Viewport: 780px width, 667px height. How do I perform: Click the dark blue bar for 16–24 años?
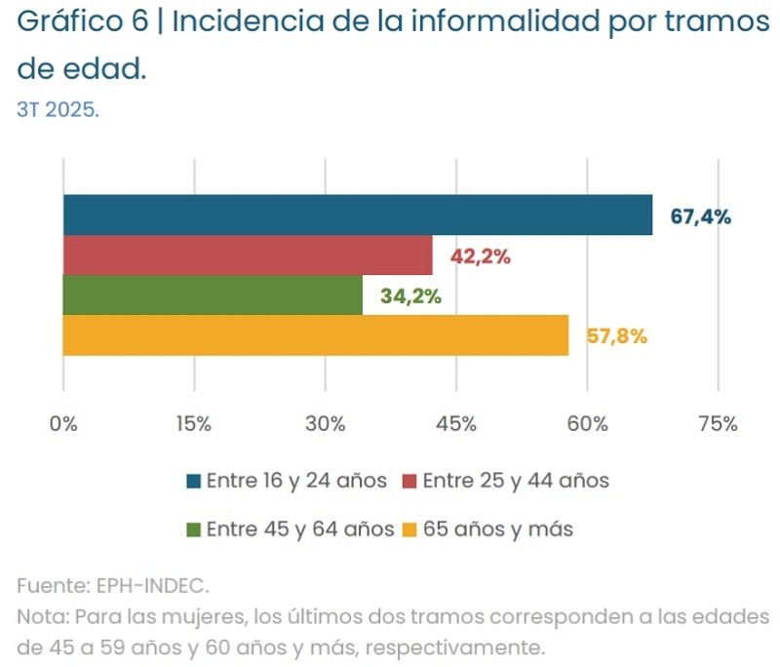pos(358,215)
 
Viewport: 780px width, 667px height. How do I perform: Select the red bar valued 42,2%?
pos(248,255)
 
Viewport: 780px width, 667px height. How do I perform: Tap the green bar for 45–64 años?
pos(213,295)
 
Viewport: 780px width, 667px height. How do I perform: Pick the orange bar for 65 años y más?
pos(315,335)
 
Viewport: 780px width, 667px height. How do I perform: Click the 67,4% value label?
pos(700,216)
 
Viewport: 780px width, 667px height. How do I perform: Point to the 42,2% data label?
pos(480,256)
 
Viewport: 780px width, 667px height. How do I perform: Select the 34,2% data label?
pos(410,296)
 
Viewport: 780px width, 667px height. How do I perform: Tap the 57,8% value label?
pos(616,336)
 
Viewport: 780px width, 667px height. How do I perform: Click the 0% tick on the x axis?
pos(63,424)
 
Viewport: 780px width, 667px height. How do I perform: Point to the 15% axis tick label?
pos(194,424)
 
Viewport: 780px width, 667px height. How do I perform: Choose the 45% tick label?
pos(456,424)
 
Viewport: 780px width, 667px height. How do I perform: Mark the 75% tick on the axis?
pos(718,424)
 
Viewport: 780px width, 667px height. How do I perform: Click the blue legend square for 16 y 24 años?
pos(193,481)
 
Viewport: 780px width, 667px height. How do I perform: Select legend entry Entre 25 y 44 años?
pos(515,481)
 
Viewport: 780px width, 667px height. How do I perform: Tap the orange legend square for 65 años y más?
pos(409,530)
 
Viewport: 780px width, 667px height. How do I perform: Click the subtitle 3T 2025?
pos(58,109)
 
